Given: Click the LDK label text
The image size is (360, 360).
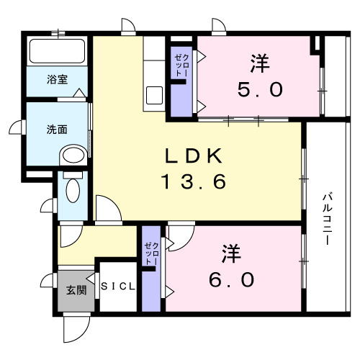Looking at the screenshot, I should (x=194, y=156).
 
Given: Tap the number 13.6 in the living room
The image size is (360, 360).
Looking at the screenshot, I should (x=194, y=181).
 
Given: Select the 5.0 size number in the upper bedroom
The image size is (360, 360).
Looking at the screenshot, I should (x=260, y=90).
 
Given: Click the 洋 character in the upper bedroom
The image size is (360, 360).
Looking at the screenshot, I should (x=260, y=64).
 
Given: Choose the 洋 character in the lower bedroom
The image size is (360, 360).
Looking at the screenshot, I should (x=230, y=253).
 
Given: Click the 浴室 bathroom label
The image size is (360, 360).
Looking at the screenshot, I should (x=58, y=78).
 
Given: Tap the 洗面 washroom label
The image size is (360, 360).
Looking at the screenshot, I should (x=57, y=130).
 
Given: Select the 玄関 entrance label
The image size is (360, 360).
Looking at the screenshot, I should (x=76, y=290).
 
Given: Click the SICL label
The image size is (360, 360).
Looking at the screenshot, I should (x=118, y=287).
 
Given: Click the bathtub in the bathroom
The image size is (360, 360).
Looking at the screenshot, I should (x=57, y=52).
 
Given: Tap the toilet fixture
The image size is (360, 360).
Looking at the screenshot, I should (x=72, y=191).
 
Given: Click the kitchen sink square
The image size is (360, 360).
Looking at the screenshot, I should (x=155, y=95).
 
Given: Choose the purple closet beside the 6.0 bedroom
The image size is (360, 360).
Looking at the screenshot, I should (x=151, y=268).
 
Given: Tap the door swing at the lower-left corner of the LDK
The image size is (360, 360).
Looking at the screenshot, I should (x=107, y=209).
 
